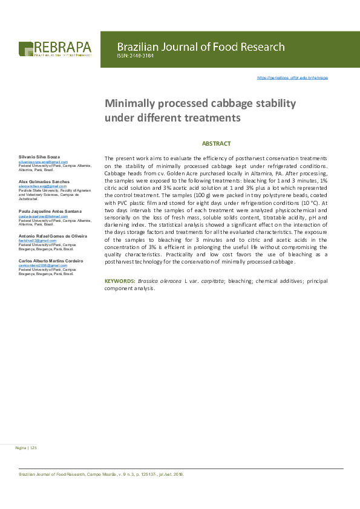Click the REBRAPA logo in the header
[55, 48]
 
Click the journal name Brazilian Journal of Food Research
[200, 47]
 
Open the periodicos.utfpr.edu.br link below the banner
[292, 78]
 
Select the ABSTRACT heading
[216, 143]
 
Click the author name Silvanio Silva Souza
[39, 157]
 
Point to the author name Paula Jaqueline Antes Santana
[51, 210]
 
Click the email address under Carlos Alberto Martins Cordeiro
[42, 265]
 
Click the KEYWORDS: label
[120, 281]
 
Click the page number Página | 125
[26, 448]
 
